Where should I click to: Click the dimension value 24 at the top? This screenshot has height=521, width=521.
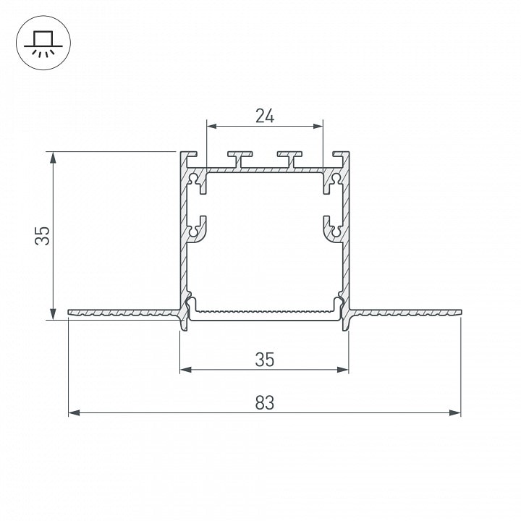[265, 116]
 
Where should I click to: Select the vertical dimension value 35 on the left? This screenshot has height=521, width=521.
[42, 236]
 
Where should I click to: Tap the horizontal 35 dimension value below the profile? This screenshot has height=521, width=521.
[265, 360]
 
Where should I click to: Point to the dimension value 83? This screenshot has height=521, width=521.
[265, 403]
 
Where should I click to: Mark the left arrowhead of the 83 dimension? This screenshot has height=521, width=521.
[75, 413]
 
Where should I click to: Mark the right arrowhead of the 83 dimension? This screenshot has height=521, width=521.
[454, 413]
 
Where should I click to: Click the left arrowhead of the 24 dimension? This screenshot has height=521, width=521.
[212, 126]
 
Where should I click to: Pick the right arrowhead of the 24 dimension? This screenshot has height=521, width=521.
[318, 126]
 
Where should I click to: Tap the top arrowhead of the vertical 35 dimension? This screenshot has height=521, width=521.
[53, 158]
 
